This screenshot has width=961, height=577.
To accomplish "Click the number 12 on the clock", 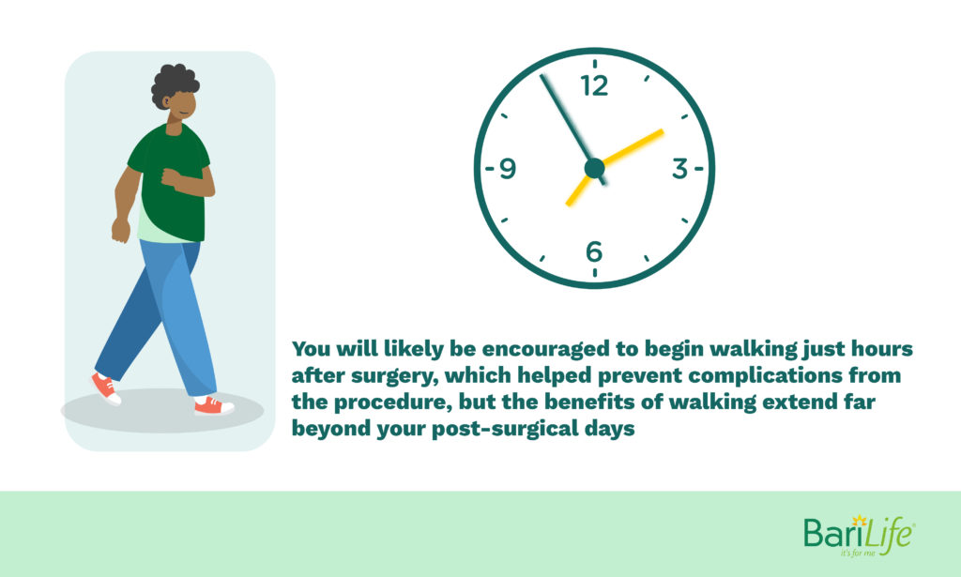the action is click(594, 85).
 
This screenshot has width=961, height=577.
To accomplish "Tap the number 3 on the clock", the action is click(679, 168).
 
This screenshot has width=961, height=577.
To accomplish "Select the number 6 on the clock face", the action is click(594, 251).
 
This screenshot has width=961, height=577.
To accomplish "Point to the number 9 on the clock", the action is click(508, 169).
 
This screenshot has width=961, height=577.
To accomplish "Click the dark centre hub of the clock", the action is click(594, 168).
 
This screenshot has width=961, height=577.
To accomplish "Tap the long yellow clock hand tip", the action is click(662, 130).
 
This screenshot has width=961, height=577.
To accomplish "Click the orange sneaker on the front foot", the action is click(214, 405).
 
